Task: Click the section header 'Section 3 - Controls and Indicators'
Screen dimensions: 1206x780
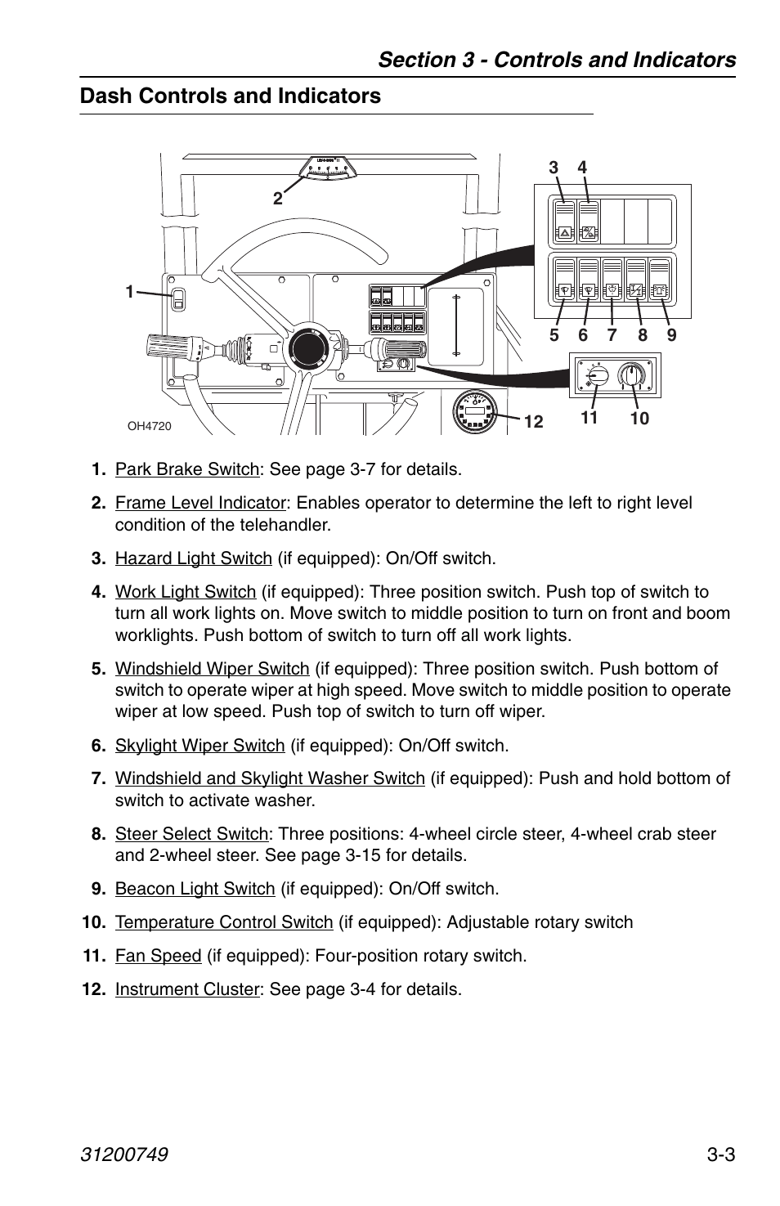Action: click(556, 60)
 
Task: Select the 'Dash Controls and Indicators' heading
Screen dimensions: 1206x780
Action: click(231, 96)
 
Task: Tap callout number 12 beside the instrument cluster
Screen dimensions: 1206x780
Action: click(533, 422)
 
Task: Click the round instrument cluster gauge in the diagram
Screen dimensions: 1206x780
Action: click(476, 412)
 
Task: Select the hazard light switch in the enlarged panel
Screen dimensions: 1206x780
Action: click(565, 222)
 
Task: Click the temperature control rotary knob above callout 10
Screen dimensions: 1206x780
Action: click(630, 377)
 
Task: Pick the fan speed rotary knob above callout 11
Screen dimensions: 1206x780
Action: click(597, 377)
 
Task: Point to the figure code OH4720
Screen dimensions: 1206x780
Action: click(149, 426)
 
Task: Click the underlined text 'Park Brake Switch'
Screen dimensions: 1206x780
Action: click(187, 469)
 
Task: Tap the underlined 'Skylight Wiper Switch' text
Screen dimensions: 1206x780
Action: click(200, 746)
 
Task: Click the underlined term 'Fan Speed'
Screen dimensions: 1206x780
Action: click(158, 956)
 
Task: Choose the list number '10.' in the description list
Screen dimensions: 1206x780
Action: click(94, 922)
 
